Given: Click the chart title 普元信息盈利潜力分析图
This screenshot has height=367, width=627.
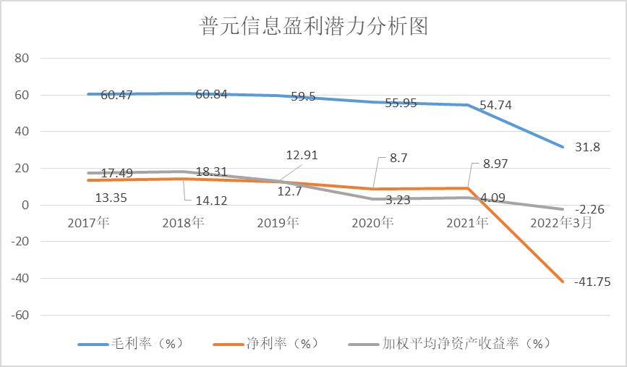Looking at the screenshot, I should (314, 27).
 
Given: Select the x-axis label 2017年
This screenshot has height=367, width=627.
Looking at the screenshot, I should (88, 223).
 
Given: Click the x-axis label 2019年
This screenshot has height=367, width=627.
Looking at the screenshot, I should (278, 223).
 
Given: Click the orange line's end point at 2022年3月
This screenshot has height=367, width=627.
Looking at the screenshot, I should (563, 281).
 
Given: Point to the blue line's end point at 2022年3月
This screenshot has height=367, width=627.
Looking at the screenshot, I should (563, 147).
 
